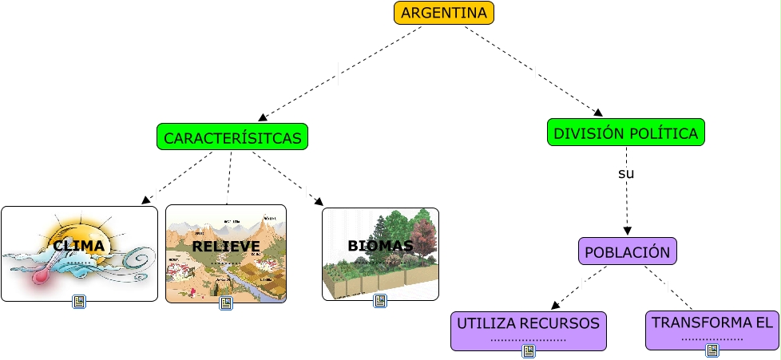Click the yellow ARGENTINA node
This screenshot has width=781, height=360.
(x=443, y=13)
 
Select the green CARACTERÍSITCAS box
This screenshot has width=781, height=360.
(x=232, y=137)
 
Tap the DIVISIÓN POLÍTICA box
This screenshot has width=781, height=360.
(x=625, y=133)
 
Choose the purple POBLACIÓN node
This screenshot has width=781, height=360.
(x=627, y=251)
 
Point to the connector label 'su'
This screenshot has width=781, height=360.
(x=626, y=173)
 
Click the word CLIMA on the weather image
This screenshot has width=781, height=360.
(x=79, y=245)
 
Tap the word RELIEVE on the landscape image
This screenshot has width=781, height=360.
(x=225, y=246)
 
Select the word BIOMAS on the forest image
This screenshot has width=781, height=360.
(x=380, y=246)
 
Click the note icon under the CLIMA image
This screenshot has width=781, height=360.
(x=79, y=302)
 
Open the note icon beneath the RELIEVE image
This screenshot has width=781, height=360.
(x=226, y=303)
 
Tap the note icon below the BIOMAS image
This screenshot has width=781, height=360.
(x=380, y=301)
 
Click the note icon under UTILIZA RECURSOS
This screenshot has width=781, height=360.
(x=528, y=351)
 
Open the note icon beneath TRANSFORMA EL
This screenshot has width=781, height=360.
(x=712, y=350)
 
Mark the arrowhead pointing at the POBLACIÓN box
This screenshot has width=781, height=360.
(x=627, y=231)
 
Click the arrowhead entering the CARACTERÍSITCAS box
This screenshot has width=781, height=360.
(x=263, y=117)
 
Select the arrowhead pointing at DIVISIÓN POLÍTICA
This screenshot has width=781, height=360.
(x=597, y=113)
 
